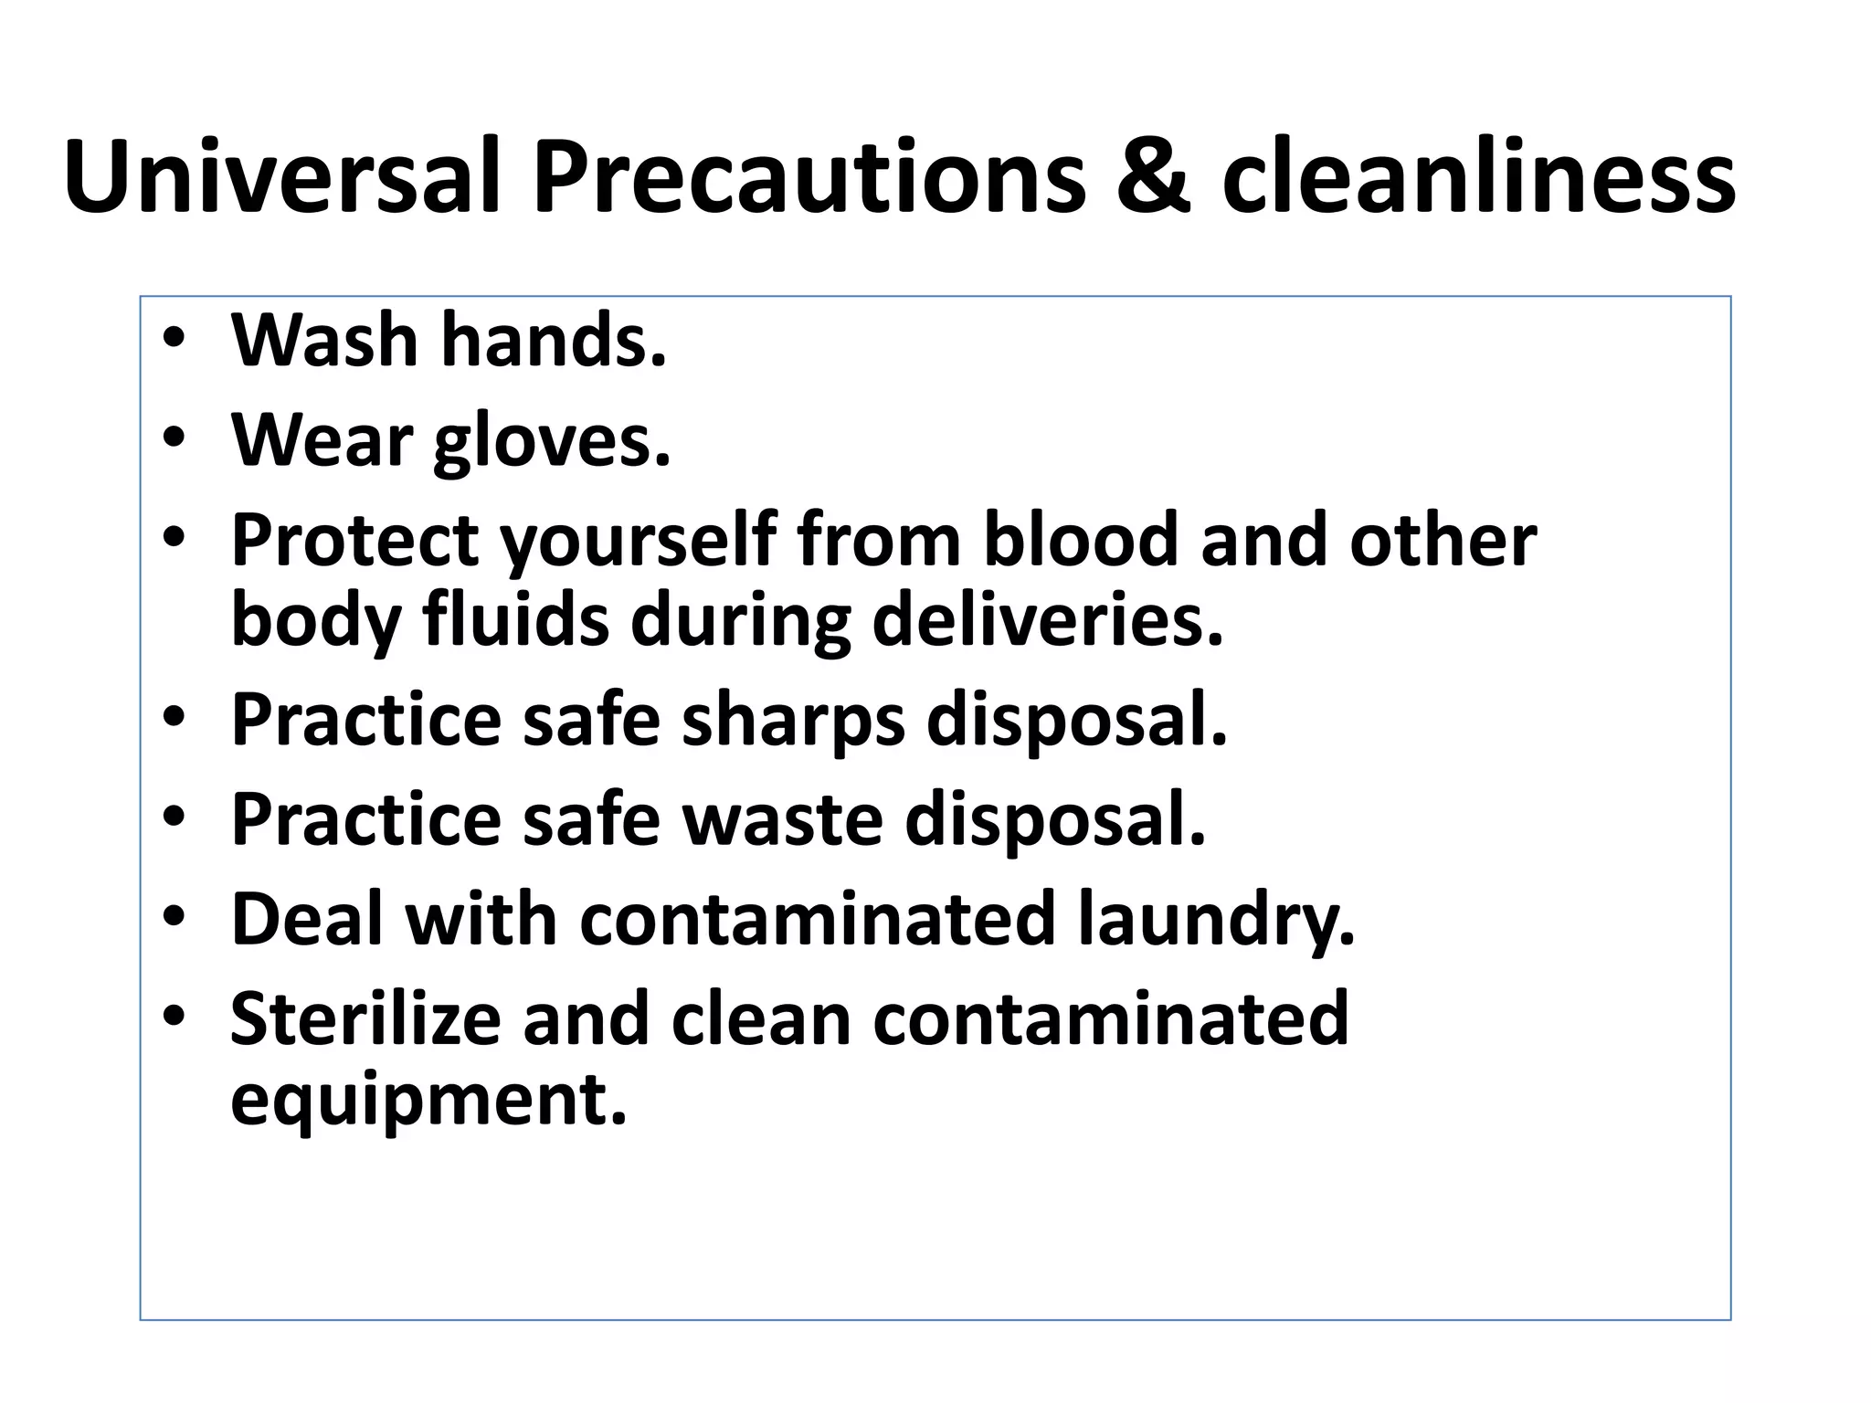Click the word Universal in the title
coord(283,175)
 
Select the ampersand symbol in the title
coord(1154,175)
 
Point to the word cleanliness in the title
coord(1478,175)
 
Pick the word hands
coord(554,340)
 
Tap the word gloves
coord(552,442)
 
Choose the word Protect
coord(354,541)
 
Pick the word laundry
coord(1216,921)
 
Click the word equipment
coord(428,1102)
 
